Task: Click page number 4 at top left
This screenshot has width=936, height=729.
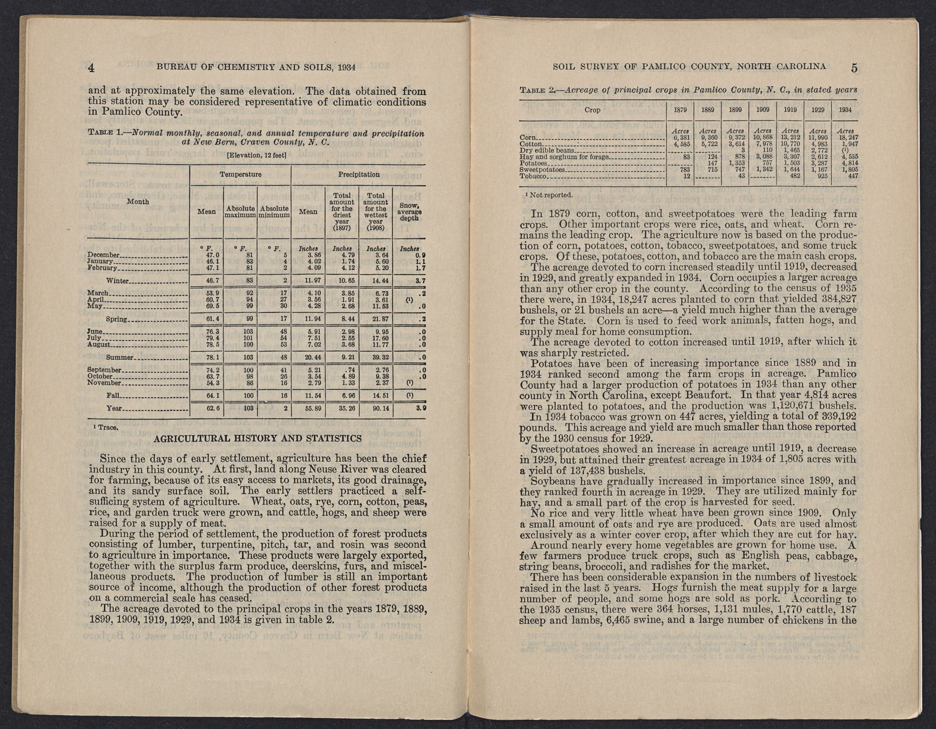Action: (x=92, y=67)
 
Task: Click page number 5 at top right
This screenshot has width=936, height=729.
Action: (x=855, y=67)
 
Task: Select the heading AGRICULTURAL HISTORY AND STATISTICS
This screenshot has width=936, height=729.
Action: (x=257, y=438)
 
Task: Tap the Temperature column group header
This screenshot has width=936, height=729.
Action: (x=241, y=175)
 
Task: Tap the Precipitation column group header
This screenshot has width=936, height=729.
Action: (x=358, y=175)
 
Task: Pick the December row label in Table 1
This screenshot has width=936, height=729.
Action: (x=104, y=255)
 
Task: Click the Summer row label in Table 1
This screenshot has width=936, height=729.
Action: (x=120, y=357)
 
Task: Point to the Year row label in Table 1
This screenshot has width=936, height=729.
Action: (x=115, y=408)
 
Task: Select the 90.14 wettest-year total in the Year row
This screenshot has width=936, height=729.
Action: (x=376, y=408)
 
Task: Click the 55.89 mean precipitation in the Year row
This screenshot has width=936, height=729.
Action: (x=308, y=408)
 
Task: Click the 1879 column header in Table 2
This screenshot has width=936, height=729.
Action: (x=680, y=110)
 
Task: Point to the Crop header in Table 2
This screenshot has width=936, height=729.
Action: (x=592, y=110)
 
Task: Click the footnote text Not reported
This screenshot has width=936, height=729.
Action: (x=548, y=195)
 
